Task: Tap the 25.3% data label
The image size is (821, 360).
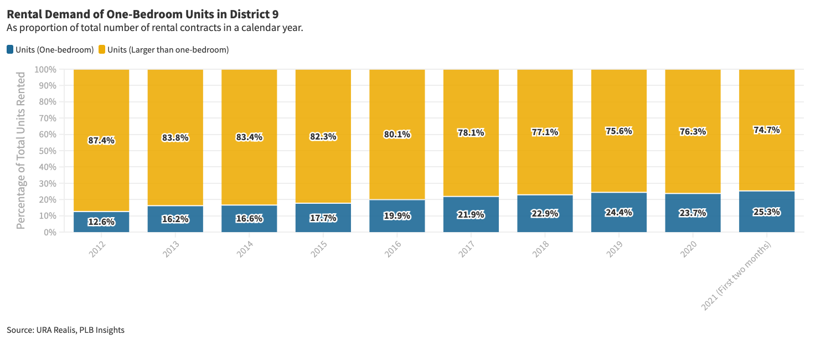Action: click(x=767, y=212)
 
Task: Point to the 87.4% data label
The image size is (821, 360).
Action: click(x=101, y=141)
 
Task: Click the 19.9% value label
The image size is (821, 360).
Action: click(x=397, y=215)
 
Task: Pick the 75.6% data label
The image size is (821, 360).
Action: click(x=619, y=131)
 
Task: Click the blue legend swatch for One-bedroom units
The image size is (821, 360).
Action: click(x=10, y=50)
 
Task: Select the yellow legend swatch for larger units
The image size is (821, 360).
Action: click(x=102, y=50)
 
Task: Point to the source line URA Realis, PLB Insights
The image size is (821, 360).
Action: click(x=65, y=330)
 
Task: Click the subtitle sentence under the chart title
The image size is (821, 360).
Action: click(x=154, y=28)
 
